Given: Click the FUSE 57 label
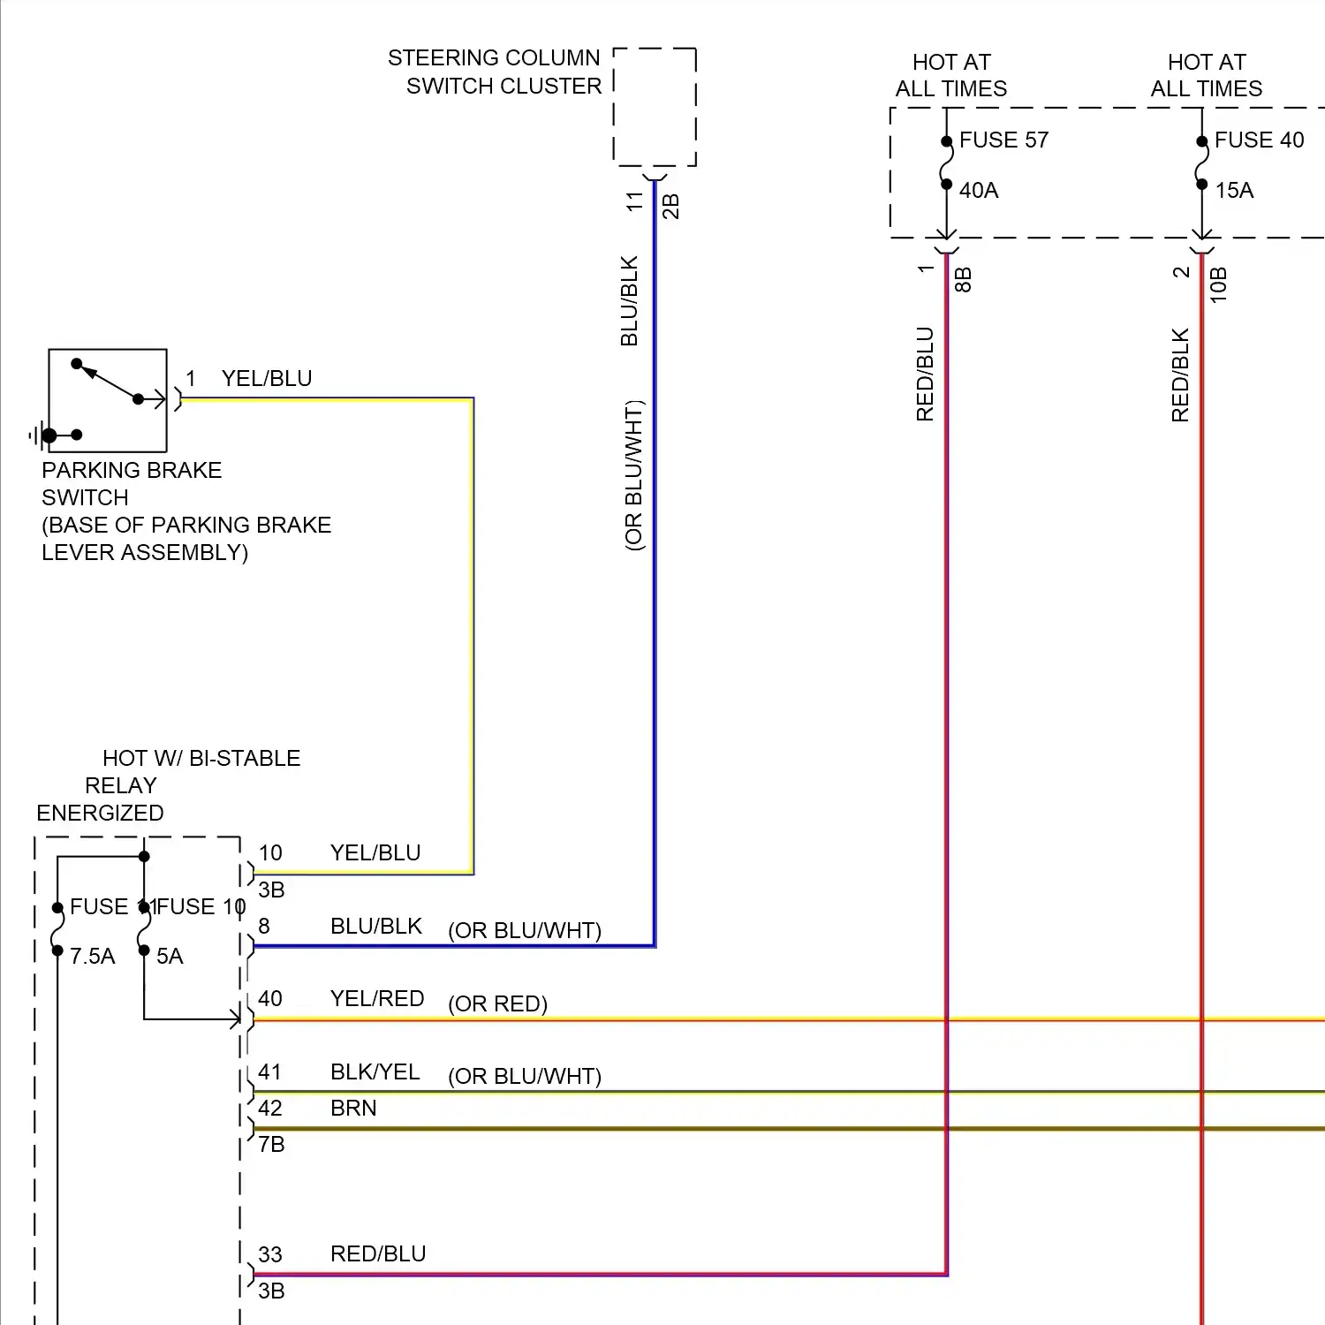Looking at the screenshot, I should point(1003,140).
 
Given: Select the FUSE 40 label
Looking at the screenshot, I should point(1259,140).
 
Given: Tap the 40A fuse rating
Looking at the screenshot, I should point(979,190).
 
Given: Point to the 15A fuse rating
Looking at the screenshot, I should point(1234,190).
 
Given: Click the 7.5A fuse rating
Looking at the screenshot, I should point(93,957).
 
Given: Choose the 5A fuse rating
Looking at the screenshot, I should point(170,957).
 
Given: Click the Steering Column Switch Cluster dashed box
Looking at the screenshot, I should point(655,107).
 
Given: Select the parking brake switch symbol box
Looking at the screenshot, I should point(108,400).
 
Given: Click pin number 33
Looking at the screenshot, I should point(270,1254).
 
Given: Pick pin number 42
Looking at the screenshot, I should point(270,1109).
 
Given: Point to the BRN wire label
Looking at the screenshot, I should point(353,1109).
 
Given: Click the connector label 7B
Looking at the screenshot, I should point(271,1145).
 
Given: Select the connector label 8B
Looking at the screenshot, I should point(964,280).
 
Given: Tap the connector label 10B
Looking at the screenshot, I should point(1219,284).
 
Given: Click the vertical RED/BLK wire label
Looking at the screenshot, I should point(1180,375).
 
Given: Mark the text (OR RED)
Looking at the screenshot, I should point(497,1004).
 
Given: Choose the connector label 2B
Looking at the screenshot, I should point(671,206).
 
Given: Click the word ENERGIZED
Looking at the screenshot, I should point(100,814).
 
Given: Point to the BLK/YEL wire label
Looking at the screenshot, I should point(375,1072).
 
